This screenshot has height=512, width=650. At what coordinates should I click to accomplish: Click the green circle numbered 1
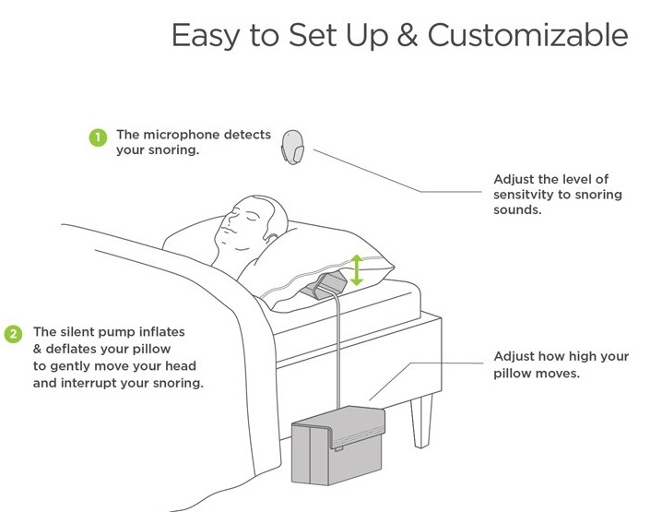click(98, 137)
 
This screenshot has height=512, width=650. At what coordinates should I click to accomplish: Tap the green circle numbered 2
click(13, 334)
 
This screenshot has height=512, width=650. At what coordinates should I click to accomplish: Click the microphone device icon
click(292, 148)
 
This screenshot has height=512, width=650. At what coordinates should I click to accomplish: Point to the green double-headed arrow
click(357, 270)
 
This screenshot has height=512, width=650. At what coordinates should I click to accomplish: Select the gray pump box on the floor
click(338, 446)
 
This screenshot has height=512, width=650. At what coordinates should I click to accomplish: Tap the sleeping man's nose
click(226, 219)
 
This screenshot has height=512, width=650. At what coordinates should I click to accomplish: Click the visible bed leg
click(421, 421)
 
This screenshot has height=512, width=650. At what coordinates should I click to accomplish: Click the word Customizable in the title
click(527, 35)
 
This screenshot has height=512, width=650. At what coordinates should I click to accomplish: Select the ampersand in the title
click(408, 35)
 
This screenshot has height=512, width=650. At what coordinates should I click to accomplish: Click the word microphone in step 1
click(181, 135)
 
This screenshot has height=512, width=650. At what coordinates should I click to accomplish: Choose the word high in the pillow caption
click(588, 356)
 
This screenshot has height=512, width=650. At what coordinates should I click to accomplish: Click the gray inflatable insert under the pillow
click(324, 284)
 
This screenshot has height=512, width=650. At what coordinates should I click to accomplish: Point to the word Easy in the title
click(207, 37)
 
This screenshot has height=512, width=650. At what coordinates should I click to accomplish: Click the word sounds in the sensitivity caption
click(517, 210)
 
